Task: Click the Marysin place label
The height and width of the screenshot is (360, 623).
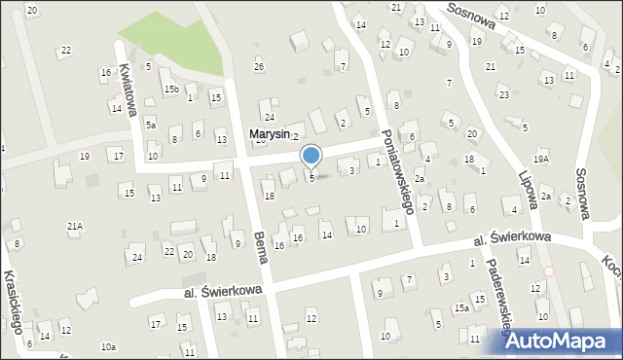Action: pyautogui.click(x=270, y=134)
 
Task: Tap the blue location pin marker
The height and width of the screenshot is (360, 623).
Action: pyautogui.click(x=311, y=157)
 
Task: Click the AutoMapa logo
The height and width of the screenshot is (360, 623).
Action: pyautogui.click(x=562, y=340)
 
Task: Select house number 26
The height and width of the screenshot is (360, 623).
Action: pyautogui.click(x=259, y=66)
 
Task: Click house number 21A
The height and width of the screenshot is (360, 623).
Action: pyautogui.click(x=75, y=226)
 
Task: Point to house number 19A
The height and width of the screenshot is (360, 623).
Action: pyautogui.click(x=541, y=159)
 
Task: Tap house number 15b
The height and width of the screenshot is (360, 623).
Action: pyautogui.click(x=171, y=90)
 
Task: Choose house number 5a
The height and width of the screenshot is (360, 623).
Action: pyautogui.click(x=151, y=125)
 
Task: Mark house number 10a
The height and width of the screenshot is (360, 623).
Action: pyautogui.click(x=108, y=346)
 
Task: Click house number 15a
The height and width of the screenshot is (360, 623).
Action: pyautogui.click(x=461, y=307)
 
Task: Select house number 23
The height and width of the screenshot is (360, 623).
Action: pyautogui.click(x=503, y=94)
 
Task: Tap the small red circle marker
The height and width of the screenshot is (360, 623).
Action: pyautogui.click(x=548, y=271)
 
